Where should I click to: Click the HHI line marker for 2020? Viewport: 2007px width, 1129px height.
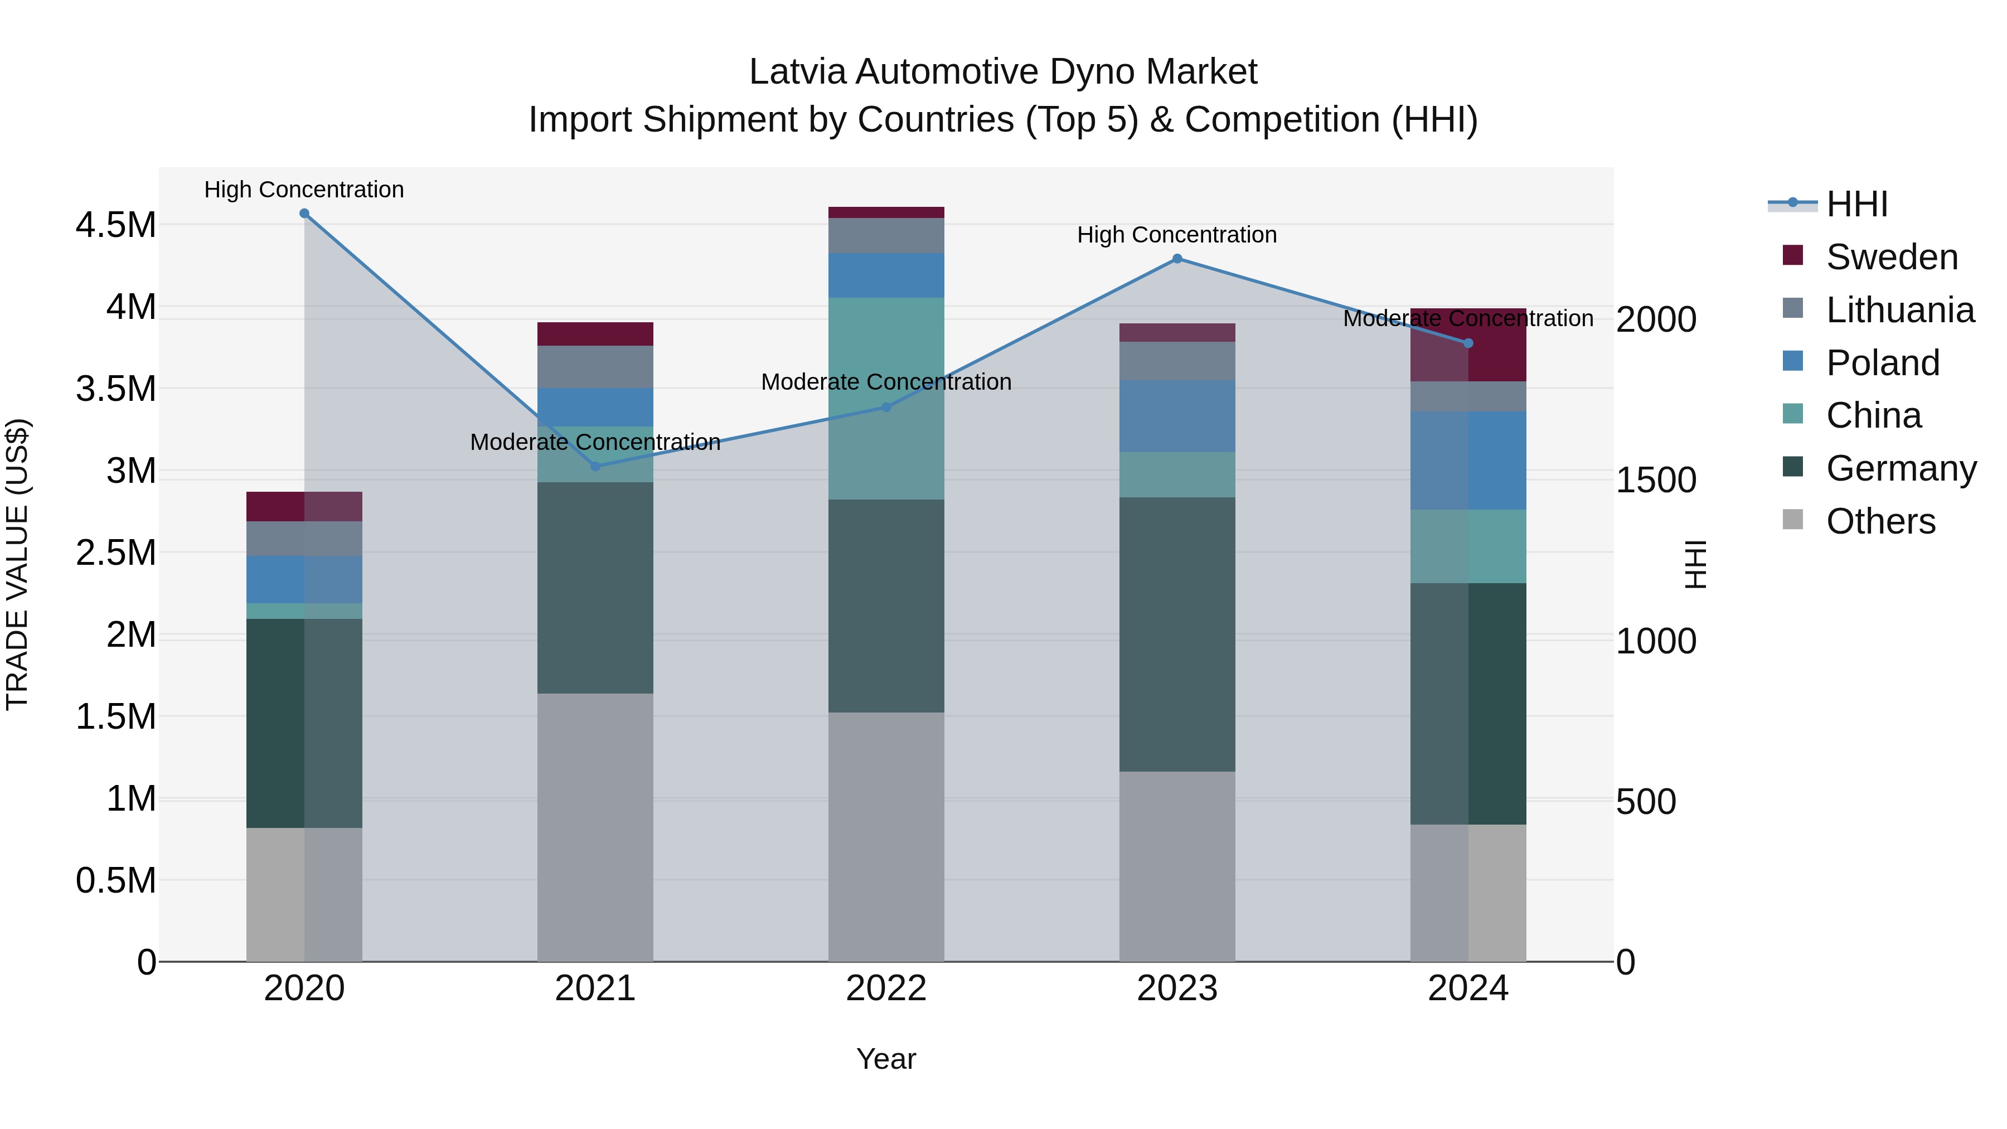[304, 214]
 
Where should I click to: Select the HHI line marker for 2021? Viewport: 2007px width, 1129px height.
[595, 467]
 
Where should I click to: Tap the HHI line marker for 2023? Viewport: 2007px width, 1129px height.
[1177, 259]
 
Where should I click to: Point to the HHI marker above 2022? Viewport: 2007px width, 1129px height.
[886, 407]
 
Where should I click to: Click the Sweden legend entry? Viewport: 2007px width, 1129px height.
[1891, 257]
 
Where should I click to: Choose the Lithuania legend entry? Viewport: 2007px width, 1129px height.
[1899, 310]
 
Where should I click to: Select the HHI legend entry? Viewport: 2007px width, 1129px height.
[1856, 204]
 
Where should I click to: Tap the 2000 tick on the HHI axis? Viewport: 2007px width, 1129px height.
[1656, 319]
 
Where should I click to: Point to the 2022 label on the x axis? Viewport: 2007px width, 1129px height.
[886, 989]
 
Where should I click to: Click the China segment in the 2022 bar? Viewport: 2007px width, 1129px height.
[886, 398]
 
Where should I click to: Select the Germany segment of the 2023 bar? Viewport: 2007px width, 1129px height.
[1177, 634]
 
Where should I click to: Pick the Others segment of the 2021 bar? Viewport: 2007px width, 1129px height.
[595, 827]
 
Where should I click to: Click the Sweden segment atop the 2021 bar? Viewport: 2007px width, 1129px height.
[595, 333]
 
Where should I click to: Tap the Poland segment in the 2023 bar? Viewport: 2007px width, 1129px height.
[1177, 416]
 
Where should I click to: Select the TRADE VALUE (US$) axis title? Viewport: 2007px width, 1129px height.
[17, 564]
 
